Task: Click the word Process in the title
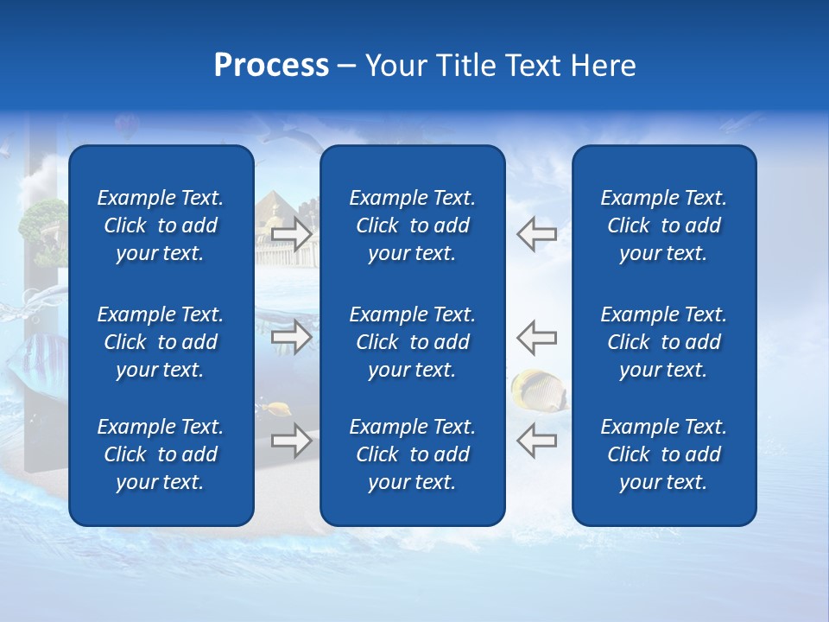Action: [x=271, y=66]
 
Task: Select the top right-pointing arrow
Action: [x=291, y=234]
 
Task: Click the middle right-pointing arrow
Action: [x=291, y=336]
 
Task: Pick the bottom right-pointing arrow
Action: [x=291, y=441]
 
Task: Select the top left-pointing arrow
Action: [x=536, y=234]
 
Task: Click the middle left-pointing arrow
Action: [x=536, y=336]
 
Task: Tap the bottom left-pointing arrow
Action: [x=536, y=441]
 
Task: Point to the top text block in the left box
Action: [x=161, y=225]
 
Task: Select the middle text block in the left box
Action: [x=161, y=342]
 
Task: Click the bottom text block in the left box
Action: [x=161, y=454]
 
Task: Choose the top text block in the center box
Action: [x=413, y=225]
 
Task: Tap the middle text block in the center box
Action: [x=413, y=342]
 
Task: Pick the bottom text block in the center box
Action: [x=413, y=454]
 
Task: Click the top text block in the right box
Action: [x=664, y=225]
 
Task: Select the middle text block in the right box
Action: [x=664, y=342]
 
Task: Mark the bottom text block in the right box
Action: [x=664, y=454]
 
